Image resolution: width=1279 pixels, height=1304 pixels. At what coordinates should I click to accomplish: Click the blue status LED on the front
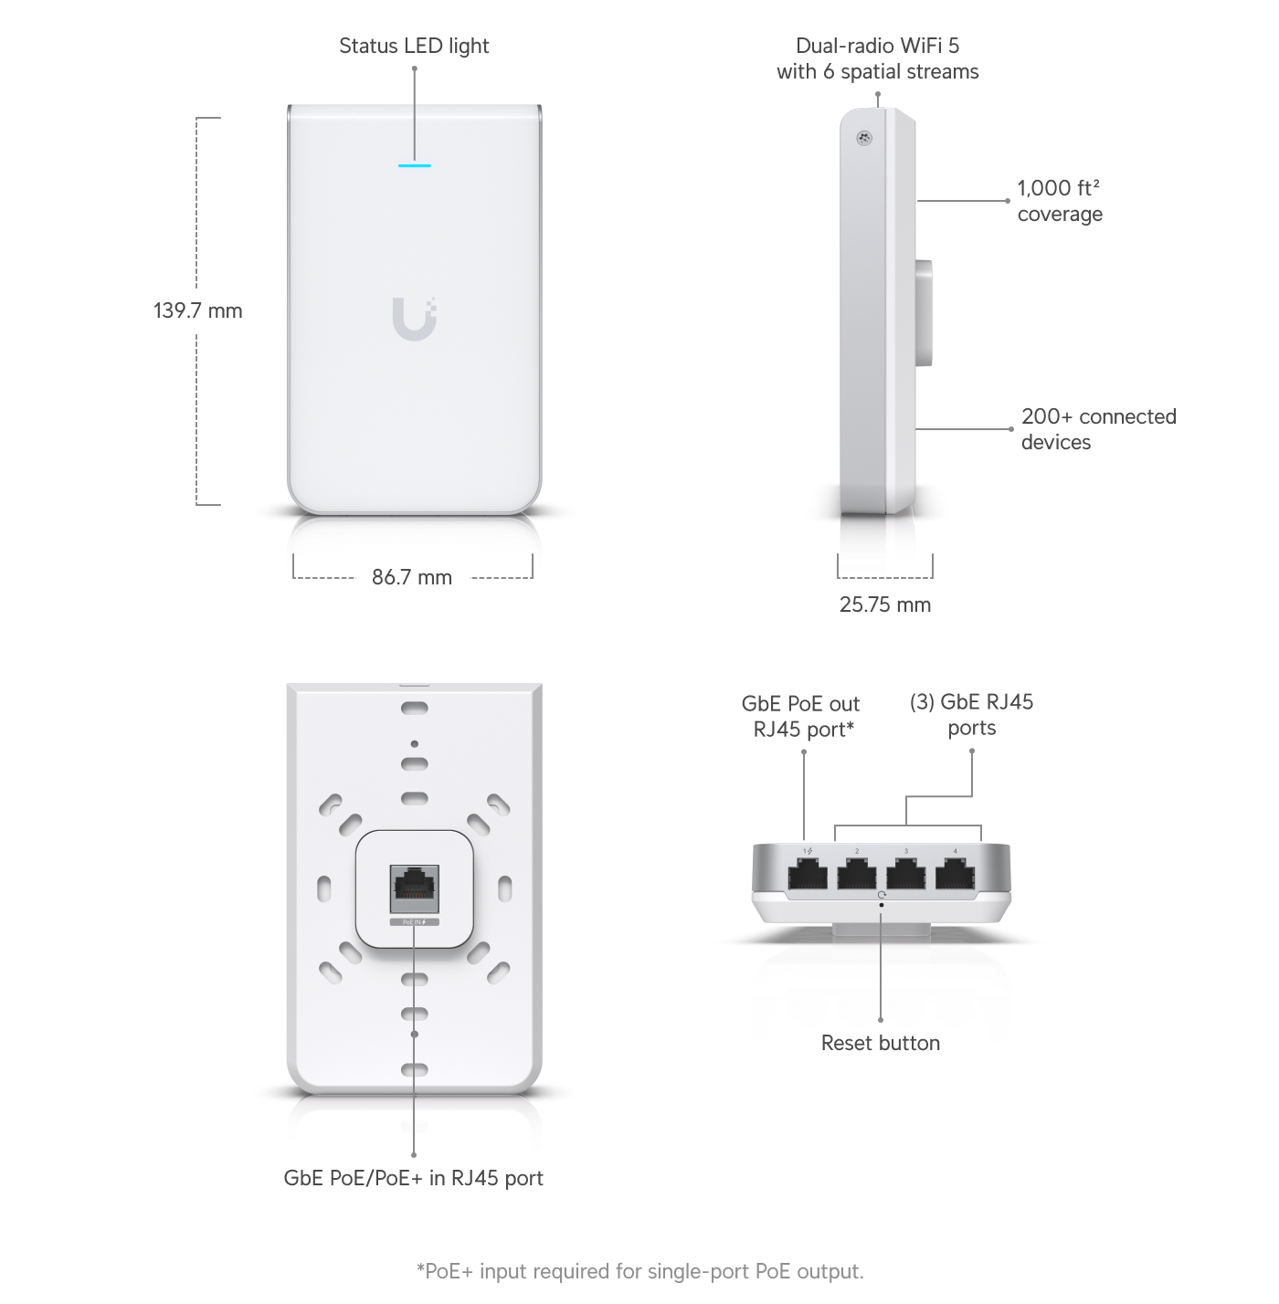click(414, 165)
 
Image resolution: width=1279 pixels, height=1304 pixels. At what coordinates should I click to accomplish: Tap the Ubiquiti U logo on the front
click(414, 319)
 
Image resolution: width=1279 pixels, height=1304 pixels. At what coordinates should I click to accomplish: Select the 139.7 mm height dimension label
click(197, 310)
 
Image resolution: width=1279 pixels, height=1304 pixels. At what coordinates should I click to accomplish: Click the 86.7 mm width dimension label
click(412, 577)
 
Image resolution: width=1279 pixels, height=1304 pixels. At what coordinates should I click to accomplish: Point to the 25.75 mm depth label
click(885, 605)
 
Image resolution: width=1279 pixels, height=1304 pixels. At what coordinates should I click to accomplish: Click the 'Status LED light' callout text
click(414, 46)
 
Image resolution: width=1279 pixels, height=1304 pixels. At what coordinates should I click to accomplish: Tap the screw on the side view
click(863, 138)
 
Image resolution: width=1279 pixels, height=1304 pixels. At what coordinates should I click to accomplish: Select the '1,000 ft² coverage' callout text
click(1060, 201)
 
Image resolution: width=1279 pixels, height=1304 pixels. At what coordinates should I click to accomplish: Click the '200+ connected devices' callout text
click(1098, 429)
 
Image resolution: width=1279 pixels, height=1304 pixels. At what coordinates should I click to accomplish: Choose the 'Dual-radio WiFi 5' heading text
click(878, 46)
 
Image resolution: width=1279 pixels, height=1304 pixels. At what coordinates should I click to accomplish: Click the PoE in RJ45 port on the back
click(415, 889)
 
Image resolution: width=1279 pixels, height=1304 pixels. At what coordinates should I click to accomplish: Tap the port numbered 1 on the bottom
click(808, 874)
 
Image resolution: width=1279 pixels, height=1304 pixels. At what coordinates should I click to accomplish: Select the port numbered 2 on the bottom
click(857, 874)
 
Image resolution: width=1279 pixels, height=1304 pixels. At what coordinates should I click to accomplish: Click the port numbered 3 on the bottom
click(906, 874)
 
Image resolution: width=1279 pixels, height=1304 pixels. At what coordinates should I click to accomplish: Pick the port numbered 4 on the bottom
click(956, 874)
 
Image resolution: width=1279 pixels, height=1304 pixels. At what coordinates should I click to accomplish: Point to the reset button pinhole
click(881, 904)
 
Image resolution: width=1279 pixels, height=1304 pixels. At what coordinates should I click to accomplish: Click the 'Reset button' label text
click(880, 1043)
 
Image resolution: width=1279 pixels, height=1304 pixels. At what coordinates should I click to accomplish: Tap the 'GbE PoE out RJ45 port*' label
click(801, 717)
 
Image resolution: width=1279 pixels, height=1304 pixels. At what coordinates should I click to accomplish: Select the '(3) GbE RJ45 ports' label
click(972, 715)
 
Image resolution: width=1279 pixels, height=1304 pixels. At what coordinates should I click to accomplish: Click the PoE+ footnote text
click(639, 1271)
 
